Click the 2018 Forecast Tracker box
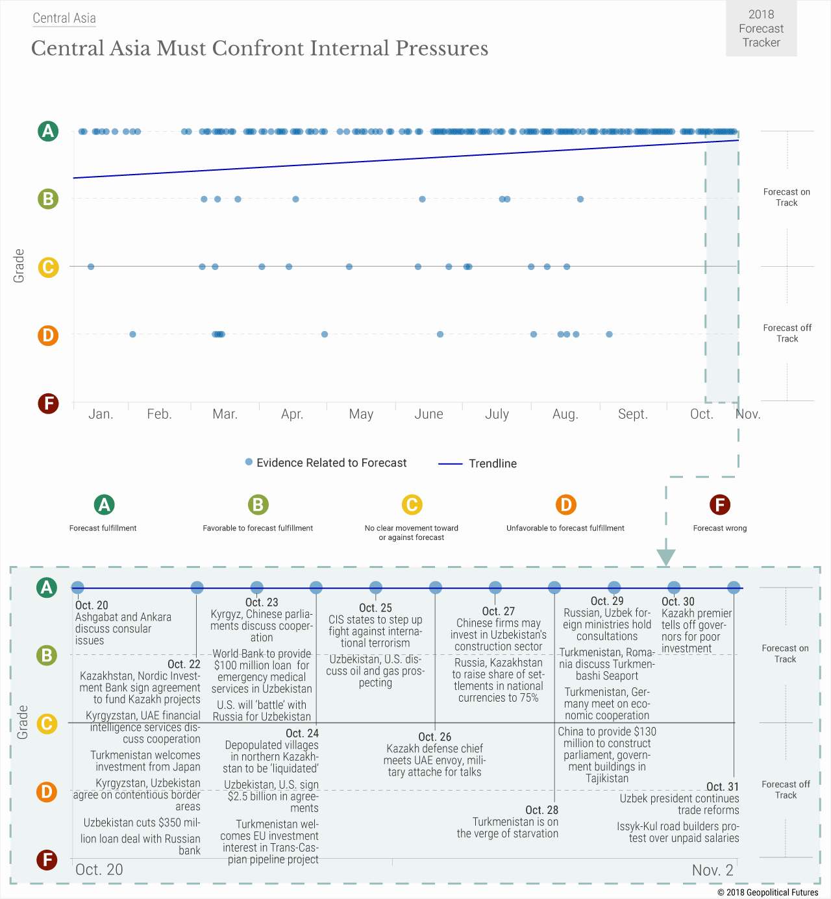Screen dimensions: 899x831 point(761,29)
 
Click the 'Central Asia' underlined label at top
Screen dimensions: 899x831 point(64,18)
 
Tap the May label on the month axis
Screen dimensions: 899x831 point(361,414)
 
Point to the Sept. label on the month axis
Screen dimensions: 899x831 point(633,414)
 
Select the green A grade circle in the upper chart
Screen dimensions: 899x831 point(47,131)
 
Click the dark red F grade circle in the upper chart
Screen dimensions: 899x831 point(47,403)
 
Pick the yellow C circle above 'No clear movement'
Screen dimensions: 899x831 point(412,504)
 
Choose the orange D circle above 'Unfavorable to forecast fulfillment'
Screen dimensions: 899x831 point(565,504)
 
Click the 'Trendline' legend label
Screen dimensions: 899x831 point(493,463)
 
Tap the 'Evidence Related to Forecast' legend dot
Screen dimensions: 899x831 point(249,462)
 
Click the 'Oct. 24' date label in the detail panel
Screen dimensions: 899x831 point(302,733)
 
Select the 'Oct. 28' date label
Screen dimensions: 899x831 point(541,810)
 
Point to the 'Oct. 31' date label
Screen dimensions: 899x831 point(723,787)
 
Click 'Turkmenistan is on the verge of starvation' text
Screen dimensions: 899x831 point(508,828)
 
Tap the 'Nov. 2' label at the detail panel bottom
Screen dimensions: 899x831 point(712,870)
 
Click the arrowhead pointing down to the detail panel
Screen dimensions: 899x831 point(666,557)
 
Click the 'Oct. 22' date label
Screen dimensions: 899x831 point(184,664)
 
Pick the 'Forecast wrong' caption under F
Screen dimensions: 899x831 point(720,528)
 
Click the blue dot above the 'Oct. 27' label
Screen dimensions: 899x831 point(495,587)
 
